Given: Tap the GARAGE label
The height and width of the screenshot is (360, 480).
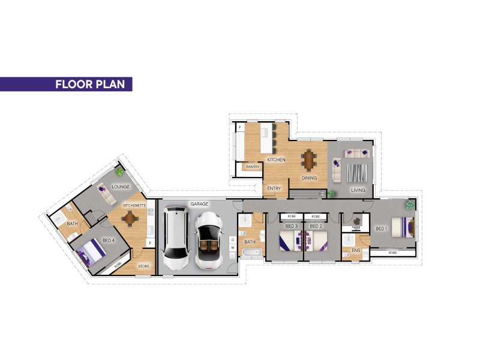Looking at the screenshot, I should click(199, 204).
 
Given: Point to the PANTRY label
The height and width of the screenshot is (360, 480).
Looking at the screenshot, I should click(253, 167).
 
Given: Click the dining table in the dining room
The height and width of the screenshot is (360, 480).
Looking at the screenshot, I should click(309, 160).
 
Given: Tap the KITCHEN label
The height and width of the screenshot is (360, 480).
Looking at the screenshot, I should click(275, 160).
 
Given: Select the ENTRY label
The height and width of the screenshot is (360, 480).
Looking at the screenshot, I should click(274, 188).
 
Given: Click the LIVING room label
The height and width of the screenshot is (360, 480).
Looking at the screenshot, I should click(358, 190).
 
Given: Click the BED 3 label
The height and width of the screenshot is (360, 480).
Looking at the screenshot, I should click(292, 226).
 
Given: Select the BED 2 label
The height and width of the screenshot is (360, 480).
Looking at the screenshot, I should click(316, 226).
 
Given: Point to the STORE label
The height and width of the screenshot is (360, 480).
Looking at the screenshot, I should click(144, 266).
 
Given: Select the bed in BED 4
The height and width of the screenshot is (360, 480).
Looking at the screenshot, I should click(91, 251).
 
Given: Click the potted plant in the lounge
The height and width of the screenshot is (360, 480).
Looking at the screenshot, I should click(119, 173).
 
